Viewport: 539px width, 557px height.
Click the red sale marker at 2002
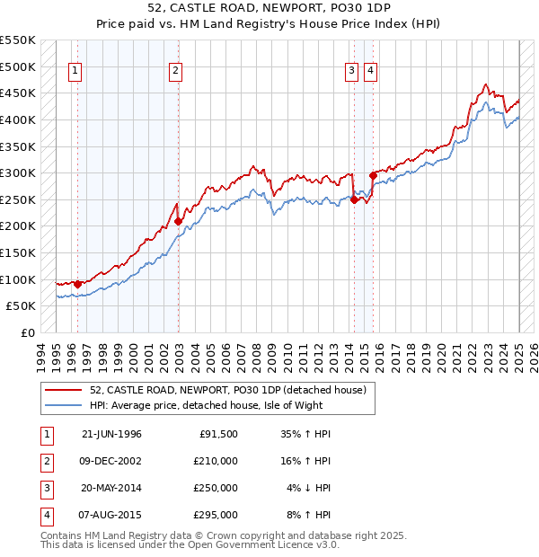coord(179,221)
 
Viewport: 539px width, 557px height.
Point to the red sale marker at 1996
coord(78,284)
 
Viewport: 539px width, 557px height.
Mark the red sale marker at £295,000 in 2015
coord(373,175)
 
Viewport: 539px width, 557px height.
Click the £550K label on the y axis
coord(18,40)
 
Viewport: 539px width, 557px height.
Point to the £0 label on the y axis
coord(27,332)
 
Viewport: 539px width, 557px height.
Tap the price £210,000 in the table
coord(216,461)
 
